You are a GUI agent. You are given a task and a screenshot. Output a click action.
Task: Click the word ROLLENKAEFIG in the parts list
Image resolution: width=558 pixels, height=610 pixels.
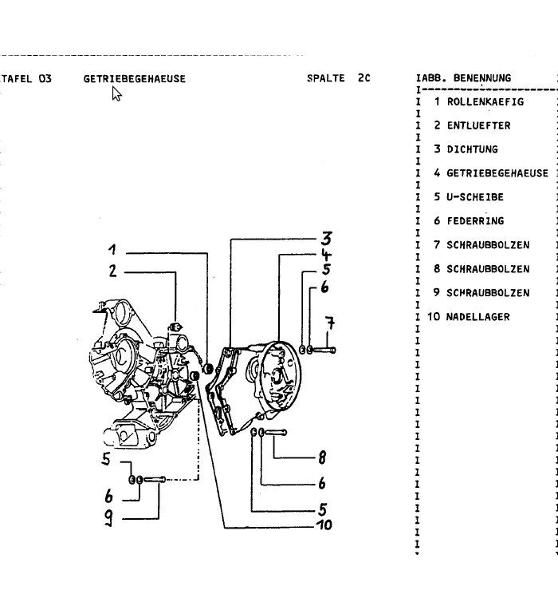(485, 102)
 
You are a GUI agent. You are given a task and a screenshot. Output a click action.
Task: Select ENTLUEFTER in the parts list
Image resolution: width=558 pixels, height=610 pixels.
(478, 125)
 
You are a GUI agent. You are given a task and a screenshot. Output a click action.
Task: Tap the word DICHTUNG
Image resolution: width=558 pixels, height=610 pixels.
(472, 149)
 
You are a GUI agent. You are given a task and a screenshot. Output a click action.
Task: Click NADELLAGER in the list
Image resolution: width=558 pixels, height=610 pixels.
(478, 317)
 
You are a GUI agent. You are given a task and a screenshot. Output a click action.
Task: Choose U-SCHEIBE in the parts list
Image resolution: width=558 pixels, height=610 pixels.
(475, 197)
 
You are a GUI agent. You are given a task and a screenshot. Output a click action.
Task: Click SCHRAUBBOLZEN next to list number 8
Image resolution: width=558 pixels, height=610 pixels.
(488, 269)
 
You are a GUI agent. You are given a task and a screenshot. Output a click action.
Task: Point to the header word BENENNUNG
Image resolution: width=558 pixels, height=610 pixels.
(482, 78)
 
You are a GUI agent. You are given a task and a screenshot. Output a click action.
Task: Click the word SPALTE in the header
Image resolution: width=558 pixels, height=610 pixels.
(325, 78)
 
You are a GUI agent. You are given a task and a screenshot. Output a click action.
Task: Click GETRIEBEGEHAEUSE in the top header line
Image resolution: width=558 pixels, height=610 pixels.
(134, 78)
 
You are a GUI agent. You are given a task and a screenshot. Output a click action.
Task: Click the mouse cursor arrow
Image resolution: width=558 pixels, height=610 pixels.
(116, 94)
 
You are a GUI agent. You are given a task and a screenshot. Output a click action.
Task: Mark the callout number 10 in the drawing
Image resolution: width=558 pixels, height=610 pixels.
(323, 525)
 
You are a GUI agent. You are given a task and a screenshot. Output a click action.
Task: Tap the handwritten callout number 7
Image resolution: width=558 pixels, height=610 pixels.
(328, 324)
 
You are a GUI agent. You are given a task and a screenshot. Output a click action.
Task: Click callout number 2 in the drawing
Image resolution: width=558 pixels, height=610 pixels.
(114, 271)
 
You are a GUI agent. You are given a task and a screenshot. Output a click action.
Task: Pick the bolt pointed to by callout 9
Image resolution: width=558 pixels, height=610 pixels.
(155, 479)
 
